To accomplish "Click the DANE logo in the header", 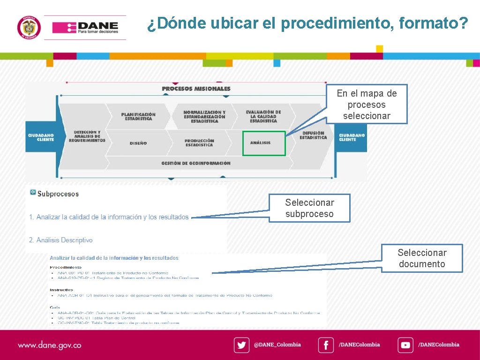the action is click(85, 28).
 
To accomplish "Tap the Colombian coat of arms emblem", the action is click(29, 28).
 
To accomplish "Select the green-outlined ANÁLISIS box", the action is click(264, 143).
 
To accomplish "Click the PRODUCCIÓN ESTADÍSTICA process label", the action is click(199, 142).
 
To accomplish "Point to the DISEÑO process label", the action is click(138, 143).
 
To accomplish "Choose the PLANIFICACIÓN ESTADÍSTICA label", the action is click(138, 116).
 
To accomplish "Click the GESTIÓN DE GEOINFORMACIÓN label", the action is click(196, 163).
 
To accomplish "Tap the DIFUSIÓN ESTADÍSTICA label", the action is click(313, 135).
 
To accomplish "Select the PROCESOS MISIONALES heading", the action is click(196, 89).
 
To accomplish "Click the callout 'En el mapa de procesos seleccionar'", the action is click(367, 105).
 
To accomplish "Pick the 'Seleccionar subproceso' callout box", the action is click(309, 208).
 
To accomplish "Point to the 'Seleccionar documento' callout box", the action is click(422, 258).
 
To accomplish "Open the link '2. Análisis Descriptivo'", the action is click(61, 240).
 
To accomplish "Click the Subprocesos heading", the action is click(58, 194).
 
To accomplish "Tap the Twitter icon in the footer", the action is click(241, 345).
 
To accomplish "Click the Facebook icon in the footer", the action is click(326, 345).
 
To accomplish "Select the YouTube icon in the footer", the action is click(405, 345).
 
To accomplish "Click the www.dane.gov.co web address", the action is click(49, 345).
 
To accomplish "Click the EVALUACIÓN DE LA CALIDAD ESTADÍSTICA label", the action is click(263, 116).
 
